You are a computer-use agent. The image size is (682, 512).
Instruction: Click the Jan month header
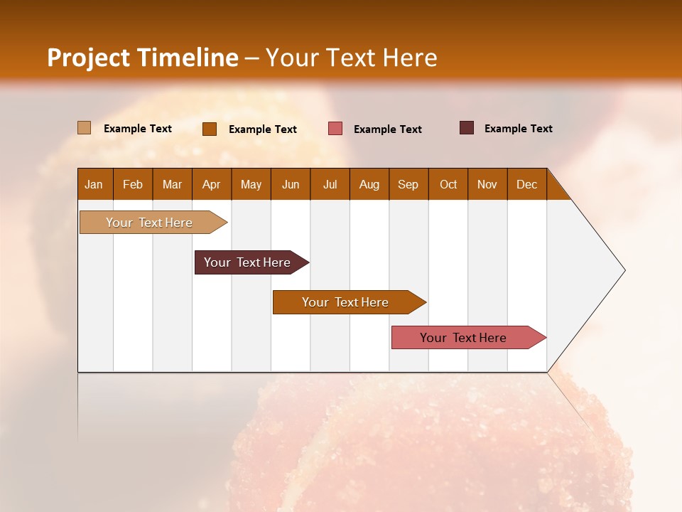tap(94, 184)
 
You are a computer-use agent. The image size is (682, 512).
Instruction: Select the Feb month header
tap(133, 184)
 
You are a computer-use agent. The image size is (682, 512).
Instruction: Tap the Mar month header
tap(172, 184)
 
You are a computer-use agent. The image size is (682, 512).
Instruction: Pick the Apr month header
tap(212, 184)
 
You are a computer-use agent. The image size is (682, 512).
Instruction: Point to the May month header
tap(251, 184)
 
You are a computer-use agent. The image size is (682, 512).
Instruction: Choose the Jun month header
tap(291, 184)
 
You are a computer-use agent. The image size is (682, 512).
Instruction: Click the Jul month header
tap(330, 184)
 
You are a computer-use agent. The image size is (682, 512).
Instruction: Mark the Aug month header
tap(369, 184)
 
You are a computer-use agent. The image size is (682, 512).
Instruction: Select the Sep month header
tap(408, 184)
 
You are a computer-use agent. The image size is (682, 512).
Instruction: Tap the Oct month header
tap(448, 184)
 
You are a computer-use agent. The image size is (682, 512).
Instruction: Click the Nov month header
tap(487, 184)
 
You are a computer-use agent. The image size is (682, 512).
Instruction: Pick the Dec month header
tap(527, 184)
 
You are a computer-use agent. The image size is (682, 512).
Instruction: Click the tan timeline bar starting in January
tap(150, 223)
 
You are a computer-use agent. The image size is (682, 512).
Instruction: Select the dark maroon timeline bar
tap(248, 262)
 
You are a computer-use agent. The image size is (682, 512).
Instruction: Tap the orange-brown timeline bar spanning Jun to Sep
tap(346, 302)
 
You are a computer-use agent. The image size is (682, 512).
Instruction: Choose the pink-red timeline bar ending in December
tap(464, 338)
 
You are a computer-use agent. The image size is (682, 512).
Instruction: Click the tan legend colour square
tap(84, 128)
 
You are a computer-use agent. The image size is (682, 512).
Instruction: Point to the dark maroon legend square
tap(466, 128)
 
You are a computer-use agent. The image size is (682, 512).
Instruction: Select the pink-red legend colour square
tap(335, 129)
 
